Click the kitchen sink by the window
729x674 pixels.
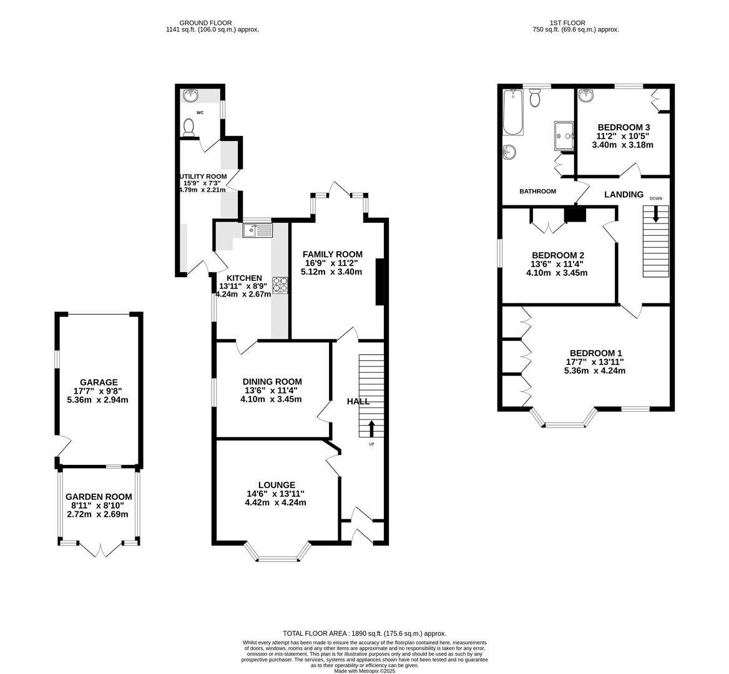click(x=258, y=230)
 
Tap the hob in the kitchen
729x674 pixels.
click(x=280, y=285)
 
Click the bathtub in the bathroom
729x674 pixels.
click(x=512, y=112)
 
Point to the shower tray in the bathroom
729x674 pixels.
click(x=564, y=135)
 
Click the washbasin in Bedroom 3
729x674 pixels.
click(x=586, y=95)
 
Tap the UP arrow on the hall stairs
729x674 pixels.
click(x=372, y=429)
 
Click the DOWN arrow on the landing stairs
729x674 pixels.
click(x=655, y=214)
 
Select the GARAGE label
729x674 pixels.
click(x=99, y=382)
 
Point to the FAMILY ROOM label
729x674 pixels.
click(x=332, y=254)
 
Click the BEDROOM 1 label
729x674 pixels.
click(x=594, y=352)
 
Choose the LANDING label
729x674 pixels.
click(x=624, y=195)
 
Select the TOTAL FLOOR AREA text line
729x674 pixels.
click(x=364, y=633)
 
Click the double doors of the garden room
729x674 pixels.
click(x=100, y=549)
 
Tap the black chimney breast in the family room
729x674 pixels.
click(x=379, y=282)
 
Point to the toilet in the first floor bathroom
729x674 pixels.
click(x=535, y=98)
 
